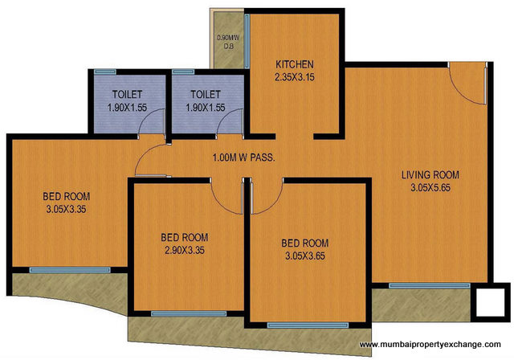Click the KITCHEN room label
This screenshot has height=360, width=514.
pyautogui.click(x=295, y=64)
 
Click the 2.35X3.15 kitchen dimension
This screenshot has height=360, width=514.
pyautogui.click(x=295, y=78)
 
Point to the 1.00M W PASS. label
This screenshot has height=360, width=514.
pyautogui.click(x=243, y=157)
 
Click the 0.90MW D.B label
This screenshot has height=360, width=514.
pyautogui.click(x=226, y=41)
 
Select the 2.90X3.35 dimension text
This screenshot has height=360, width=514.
pyautogui.click(x=184, y=251)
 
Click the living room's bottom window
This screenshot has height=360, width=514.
pyautogui.click(x=418, y=285)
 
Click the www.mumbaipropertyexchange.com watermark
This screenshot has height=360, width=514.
pyautogui.click(x=434, y=346)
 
